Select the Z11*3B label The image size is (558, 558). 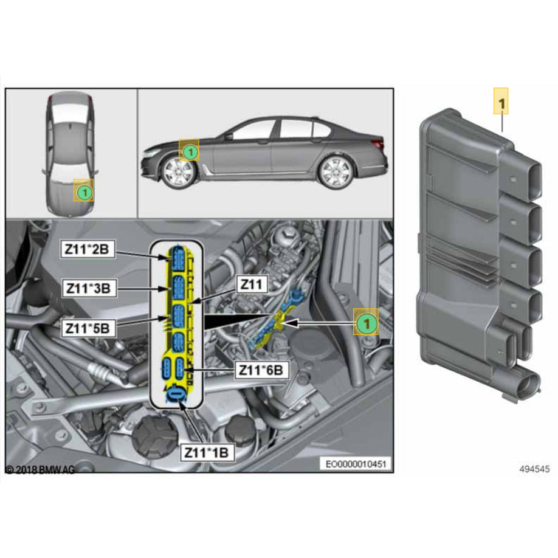click(x=89, y=288)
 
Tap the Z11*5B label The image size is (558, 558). click(x=89, y=328)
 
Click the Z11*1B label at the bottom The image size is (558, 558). click(x=206, y=452)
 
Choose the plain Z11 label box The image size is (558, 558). click(x=251, y=284)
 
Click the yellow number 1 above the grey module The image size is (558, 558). click(x=501, y=104)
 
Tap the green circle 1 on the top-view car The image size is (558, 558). click(x=84, y=192)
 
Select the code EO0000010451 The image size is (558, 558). click(x=356, y=464)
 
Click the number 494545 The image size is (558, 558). click(x=534, y=469)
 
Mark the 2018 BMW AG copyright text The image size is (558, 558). click(x=40, y=470)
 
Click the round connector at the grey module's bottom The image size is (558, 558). click(x=525, y=386)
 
